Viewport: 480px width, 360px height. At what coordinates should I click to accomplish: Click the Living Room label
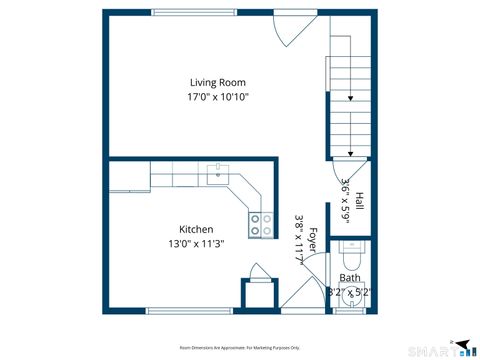[218, 82]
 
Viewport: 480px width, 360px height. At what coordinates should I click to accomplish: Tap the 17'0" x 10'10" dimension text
[218, 97]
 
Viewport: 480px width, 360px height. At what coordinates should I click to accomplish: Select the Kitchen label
[195, 228]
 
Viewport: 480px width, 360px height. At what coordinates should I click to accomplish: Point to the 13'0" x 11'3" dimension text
[195, 243]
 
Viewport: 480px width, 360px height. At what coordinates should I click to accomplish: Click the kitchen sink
[217, 177]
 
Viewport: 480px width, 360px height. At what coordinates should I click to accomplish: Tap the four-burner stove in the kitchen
[261, 225]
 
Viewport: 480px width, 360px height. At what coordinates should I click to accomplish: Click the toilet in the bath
[354, 248]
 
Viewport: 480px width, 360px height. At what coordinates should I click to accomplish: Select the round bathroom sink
[350, 302]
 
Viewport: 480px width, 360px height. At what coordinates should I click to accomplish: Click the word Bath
[350, 278]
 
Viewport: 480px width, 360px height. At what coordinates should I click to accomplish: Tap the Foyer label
[312, 240]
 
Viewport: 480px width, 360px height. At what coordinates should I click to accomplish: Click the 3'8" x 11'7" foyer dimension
[299, 240]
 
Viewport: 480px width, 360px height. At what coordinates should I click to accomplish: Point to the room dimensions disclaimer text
[239, 347]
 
